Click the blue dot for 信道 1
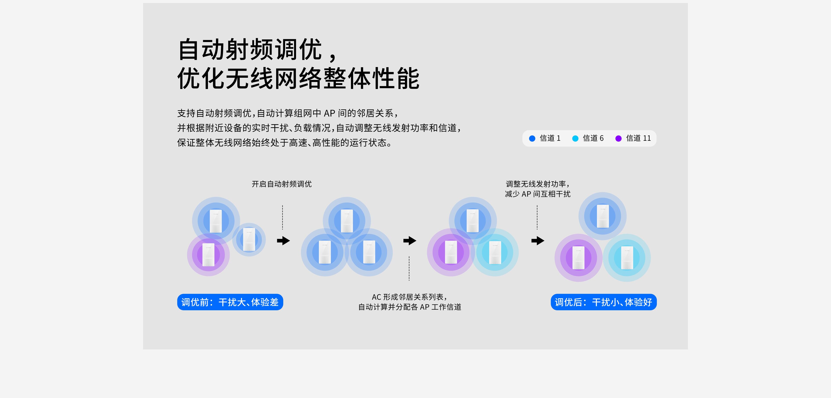coord(532,138)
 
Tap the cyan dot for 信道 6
coord(575,138)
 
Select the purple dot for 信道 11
coord(618,138)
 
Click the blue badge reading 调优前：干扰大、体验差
coord(230,302)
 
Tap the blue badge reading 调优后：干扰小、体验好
coord(604,302)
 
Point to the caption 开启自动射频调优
coord(282,184)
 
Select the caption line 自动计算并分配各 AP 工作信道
coord(410,307)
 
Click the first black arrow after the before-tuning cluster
coord(283,241)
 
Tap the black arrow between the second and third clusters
coord(410,241)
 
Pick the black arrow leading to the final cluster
coord(538,241)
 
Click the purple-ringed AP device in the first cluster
coord(208,255)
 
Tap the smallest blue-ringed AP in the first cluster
coord(249,239)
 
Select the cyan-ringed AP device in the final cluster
coord(627,258)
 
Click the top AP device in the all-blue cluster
coord(347,221)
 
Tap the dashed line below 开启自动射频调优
coord(283,217)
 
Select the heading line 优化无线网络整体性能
coord(298,78)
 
